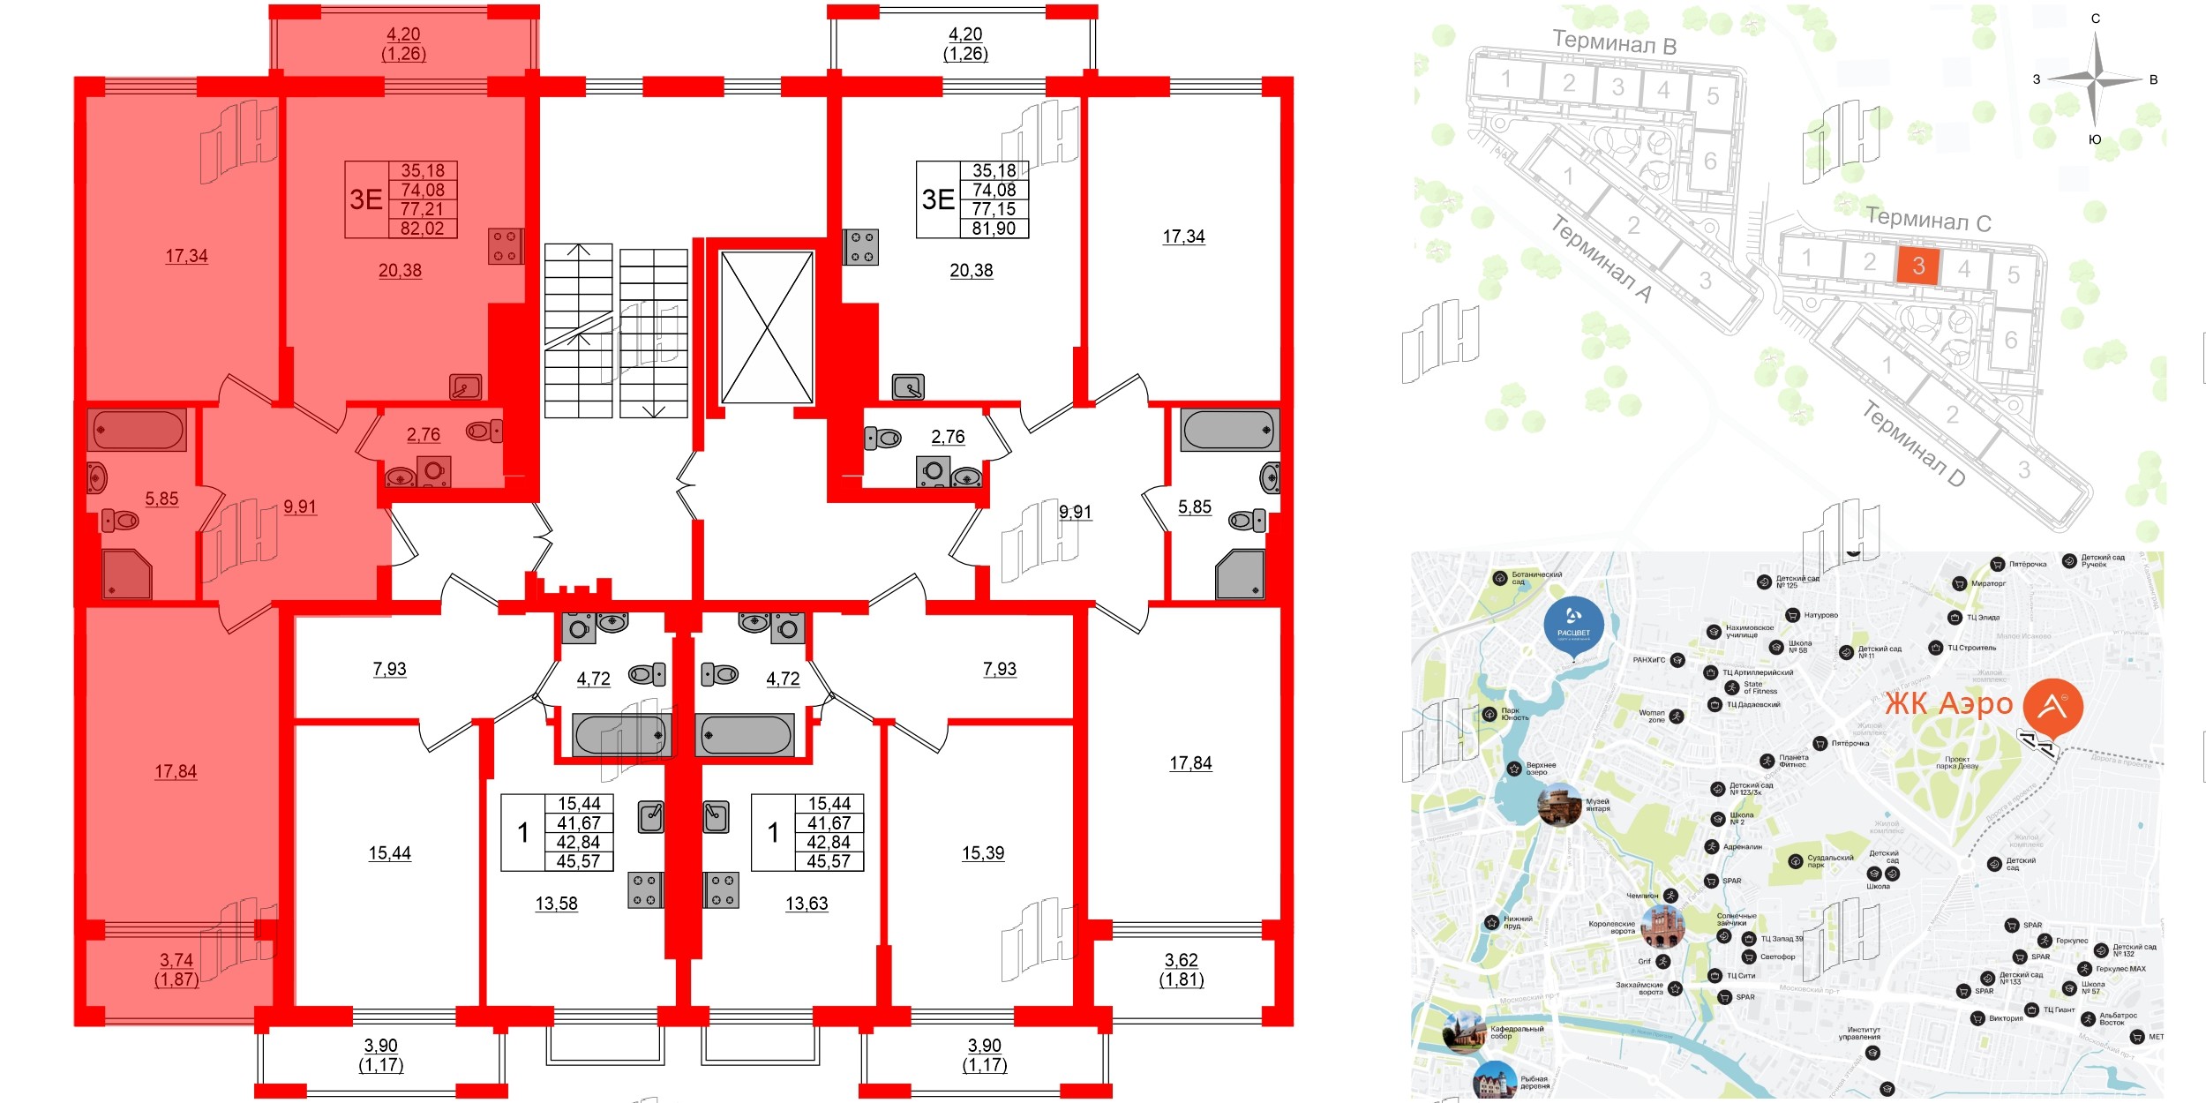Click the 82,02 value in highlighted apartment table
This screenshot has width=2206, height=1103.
(x=422, y=229)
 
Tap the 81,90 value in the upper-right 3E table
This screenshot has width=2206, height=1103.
(x=994, y=229)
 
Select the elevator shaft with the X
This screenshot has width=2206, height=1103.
(x=767, y=327)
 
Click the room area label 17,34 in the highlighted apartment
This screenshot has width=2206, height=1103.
(x=186, y=256)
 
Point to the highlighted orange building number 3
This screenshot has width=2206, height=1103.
(x=1917, y=266)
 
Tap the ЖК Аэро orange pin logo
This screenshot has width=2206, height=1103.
(x=2052, y=707)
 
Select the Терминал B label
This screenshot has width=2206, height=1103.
(x=1614, y=41)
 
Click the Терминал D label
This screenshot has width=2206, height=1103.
(x=1913, y=443)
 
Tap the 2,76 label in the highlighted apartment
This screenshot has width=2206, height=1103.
(x=424, y=434)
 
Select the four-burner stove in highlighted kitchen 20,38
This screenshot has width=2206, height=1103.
(x=506, y=246)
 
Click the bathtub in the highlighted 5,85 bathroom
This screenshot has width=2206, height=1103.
(x=138, y=431)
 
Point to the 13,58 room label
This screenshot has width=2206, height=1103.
(x=556, y=904)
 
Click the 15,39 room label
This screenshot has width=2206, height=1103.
(x=983, y=853)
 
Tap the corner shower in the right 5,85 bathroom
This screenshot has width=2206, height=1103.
(x=1240, y=574)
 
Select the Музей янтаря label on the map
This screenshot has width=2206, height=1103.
(x=1597, y=805)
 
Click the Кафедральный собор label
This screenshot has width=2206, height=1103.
(x=1516, y=1032)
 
